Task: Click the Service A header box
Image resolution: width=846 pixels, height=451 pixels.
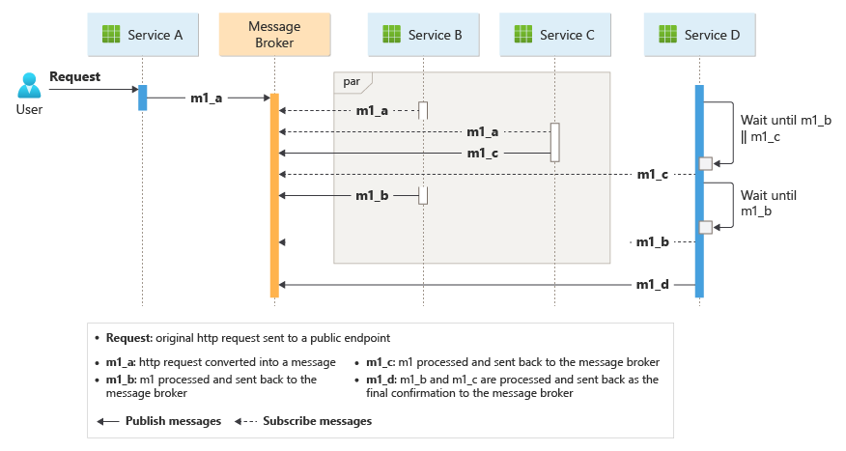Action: [x=143, y=35]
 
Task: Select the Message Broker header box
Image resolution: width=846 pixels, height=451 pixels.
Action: [x=274, y=35]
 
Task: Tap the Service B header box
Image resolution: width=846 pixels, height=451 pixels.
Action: [x=423, y=35]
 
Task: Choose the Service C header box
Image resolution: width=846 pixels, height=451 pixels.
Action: [x=554, y=35]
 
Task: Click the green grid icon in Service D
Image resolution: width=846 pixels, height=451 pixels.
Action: [x=667, y=35]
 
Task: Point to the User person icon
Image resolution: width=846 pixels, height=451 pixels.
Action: [x=29, y=87]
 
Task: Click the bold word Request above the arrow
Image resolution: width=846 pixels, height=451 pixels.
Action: [x=74, y=76]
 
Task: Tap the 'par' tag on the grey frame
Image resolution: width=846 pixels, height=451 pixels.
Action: [x=352, y=82]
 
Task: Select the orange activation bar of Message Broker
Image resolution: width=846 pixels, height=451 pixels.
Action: [x=274, y=193]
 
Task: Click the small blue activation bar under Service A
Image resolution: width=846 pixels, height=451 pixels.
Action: [x=142, y=98]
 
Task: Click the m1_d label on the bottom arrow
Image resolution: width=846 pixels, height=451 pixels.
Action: [x=653, y=285]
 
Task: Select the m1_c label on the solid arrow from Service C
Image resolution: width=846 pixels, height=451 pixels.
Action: [x=483, y=153]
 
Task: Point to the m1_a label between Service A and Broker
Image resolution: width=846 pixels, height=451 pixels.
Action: [x=206, y=98]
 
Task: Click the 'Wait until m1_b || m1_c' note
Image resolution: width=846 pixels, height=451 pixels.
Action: [x=773, y=127]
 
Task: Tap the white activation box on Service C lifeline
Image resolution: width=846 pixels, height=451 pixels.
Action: [x=554, y=142]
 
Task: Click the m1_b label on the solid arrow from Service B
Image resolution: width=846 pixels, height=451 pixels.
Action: [x=372, y=196]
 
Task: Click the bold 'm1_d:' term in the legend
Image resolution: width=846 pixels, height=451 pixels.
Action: [x=372, y=380]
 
